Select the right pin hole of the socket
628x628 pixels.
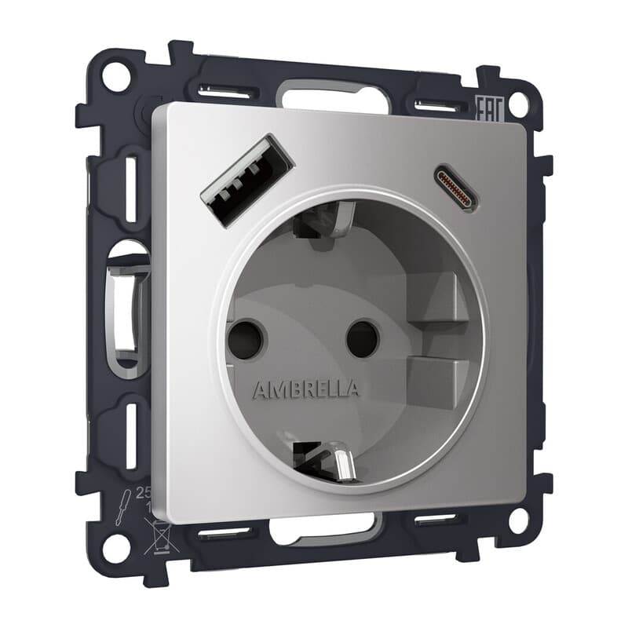tap(363, 338)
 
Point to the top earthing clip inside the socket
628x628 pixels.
tap(323, 223)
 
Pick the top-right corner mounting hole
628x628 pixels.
tap(517, 104)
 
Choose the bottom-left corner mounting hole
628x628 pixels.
tap(116, 548)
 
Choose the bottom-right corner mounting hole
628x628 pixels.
tap(517, 519)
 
